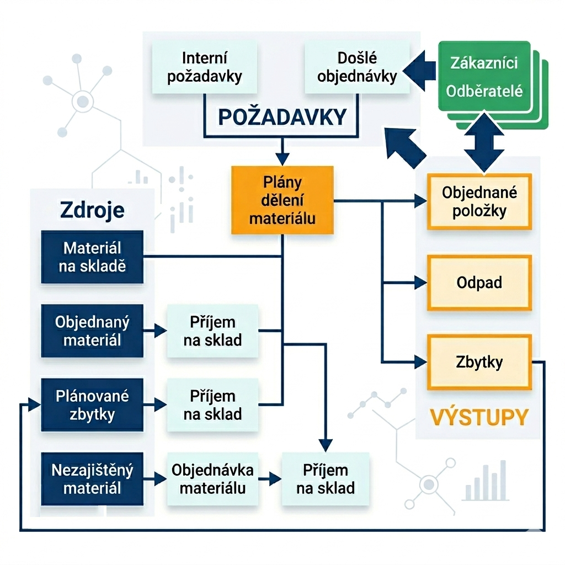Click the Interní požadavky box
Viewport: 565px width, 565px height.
204,67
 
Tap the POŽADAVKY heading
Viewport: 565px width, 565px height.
282,116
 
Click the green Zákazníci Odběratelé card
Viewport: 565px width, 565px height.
484,77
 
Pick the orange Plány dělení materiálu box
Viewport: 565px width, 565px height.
282,200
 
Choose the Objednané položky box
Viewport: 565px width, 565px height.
479,201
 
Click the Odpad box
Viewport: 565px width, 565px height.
479,282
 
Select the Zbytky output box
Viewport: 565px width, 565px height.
479,362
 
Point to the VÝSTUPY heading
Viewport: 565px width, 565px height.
479,417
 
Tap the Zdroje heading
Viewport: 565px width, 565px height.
92,210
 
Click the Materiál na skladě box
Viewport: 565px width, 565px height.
92,257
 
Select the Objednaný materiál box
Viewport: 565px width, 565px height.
92,331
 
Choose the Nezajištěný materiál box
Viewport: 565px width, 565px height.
92,479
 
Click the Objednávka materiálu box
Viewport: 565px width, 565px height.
212,479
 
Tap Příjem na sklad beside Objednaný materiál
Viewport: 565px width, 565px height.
212,331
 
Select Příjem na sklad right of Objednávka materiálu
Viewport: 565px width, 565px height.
326,479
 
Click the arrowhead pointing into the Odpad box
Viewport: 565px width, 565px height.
421,282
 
